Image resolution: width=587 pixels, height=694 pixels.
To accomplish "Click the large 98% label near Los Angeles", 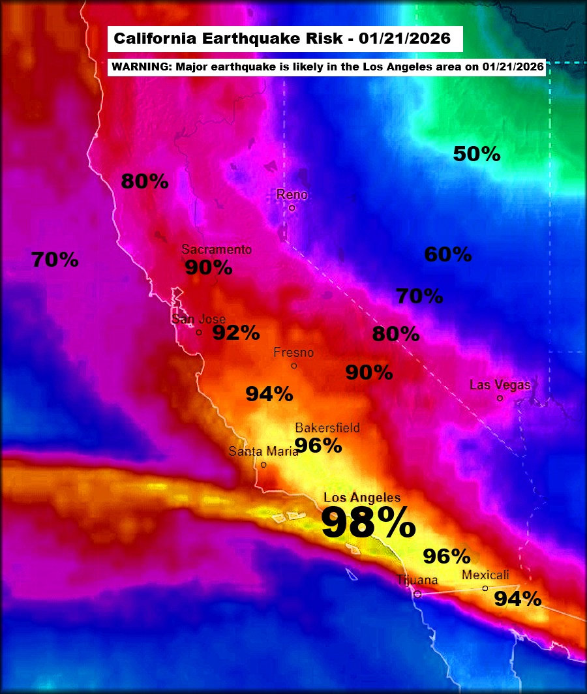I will (x=369, y=524).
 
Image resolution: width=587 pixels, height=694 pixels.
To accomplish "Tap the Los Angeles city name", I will (x=362, y=498).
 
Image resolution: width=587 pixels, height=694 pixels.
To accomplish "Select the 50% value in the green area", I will (x=477, y=155).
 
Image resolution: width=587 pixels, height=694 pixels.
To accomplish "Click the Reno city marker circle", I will (x=292, y=208).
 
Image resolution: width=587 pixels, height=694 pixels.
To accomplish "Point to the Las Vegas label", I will (x=500, y=385).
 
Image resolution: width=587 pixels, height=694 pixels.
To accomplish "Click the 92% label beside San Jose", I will (x=236, y=333).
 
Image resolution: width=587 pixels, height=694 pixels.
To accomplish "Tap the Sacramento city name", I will (x=217, y=249).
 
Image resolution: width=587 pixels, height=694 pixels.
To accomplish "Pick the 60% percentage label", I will (x=448, y=254).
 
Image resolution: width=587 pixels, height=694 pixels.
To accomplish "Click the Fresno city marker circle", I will (x=294, y=366).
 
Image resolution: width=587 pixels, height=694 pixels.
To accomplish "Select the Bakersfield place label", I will (x=327, y=428).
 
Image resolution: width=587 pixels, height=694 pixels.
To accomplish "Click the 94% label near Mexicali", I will (x=517, y=599).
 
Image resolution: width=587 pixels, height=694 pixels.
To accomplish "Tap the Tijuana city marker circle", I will (x=418, y=594).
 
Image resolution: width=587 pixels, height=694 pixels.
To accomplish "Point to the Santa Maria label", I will (x=263, y=451).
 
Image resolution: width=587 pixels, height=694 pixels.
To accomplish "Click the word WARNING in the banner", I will (x=136, y=67).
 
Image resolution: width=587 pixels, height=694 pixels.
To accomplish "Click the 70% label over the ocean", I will (x=55, y=260).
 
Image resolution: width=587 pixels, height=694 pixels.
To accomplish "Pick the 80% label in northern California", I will (x=145, y=182).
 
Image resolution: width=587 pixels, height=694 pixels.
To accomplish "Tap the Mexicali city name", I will (x=485, y=575).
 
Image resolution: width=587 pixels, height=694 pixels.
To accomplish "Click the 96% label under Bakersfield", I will (x=318, y=445).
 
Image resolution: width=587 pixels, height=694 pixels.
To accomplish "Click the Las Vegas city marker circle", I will (x=500, y=398).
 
